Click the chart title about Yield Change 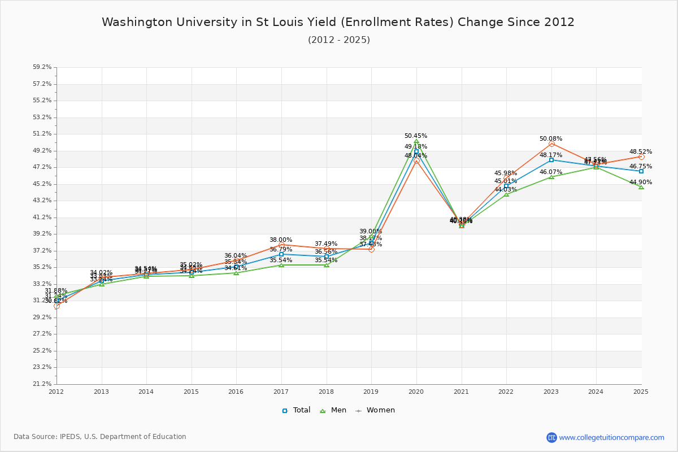[x=338, y=22]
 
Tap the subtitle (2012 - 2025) [x=339, y=40]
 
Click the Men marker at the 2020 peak [x=416, y=141]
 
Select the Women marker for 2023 [x=551, y=144]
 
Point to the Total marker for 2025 [x=641, y=171]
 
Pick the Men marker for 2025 [x=641, y=187]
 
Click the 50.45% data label [x=416, y=136]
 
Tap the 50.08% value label [x=551, y=138]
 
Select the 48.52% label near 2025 [x=641, y=151]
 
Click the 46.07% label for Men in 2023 [x=551, y=172]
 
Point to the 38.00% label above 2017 [x=281, y=240]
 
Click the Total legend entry [x=297, y=410]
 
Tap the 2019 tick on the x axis [x=371, y=391]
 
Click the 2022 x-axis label [x=506, y=391]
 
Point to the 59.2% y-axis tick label [x=42, y=67]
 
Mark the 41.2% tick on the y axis [x=42, y=217]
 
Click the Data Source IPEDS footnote [x=100, y=437]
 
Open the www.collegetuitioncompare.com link [x=611, y=437]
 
